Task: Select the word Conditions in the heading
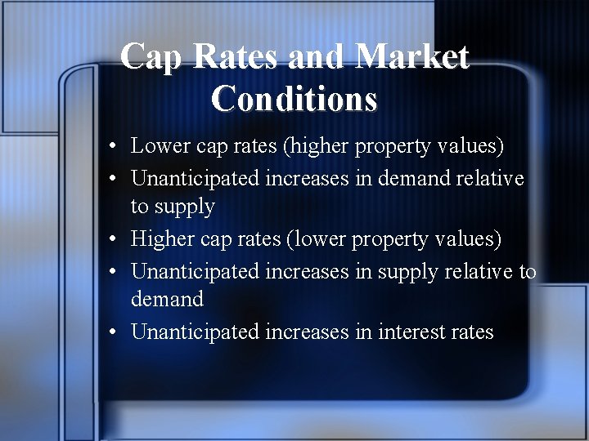coord(294,100)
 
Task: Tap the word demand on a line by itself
coord(167,300)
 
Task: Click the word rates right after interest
coord(471,332)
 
